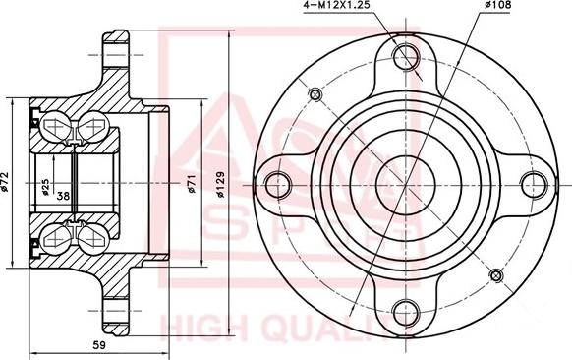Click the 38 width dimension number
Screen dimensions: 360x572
pyautogui.click(x=63, y=195)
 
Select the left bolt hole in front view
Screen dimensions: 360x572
pyautogui.click(x=277, y=183)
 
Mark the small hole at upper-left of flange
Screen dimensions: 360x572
pyautogui.click(x=315, y=94)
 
